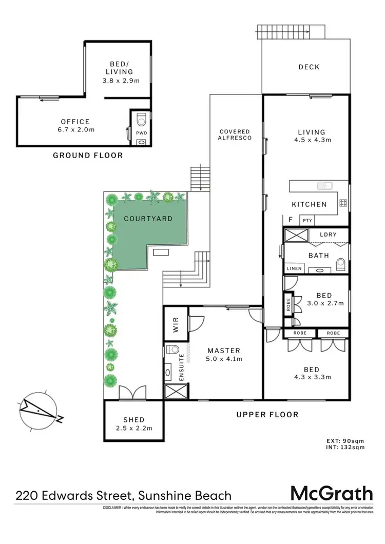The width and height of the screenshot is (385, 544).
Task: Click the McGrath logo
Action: click(332, 494)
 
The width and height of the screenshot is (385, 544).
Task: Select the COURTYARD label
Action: click(148, 218)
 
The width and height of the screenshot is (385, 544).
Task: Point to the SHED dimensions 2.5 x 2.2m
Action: click(133, 429)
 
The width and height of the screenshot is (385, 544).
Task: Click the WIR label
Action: click(175, 327)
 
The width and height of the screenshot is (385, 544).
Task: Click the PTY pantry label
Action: click(307, 221)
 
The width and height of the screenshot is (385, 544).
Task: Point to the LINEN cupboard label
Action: click(294, 268)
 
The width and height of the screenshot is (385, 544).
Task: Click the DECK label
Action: click(309, 67)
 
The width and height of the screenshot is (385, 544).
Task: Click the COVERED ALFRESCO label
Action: click(235, 135)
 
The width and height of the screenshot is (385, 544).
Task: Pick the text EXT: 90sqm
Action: click(345, 440)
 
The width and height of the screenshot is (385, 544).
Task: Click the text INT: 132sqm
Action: click(345, 448)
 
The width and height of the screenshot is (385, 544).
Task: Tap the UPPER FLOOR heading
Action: click(267, 415)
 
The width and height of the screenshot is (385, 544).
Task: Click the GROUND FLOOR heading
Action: click(88, 155)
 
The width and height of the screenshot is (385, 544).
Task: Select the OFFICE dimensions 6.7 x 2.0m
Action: click(75, 130)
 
